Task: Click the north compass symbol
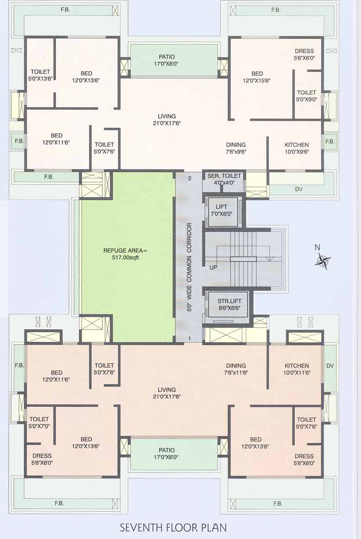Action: (323, 261)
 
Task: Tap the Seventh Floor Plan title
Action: (173, 527)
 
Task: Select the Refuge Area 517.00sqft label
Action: (121, 254)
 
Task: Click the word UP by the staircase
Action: (213, 268)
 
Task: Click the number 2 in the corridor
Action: (189, 178)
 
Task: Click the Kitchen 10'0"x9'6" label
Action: (296, 148)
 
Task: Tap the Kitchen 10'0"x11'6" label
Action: (297, 369)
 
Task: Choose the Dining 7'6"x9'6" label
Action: (236, 148)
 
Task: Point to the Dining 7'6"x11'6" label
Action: (236, 369)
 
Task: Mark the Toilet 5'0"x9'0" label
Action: (306, 96)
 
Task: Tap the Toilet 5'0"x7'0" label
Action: (39, 422)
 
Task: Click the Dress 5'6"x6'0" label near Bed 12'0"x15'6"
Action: (304, 55)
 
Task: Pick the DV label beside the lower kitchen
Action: (330, 366)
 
